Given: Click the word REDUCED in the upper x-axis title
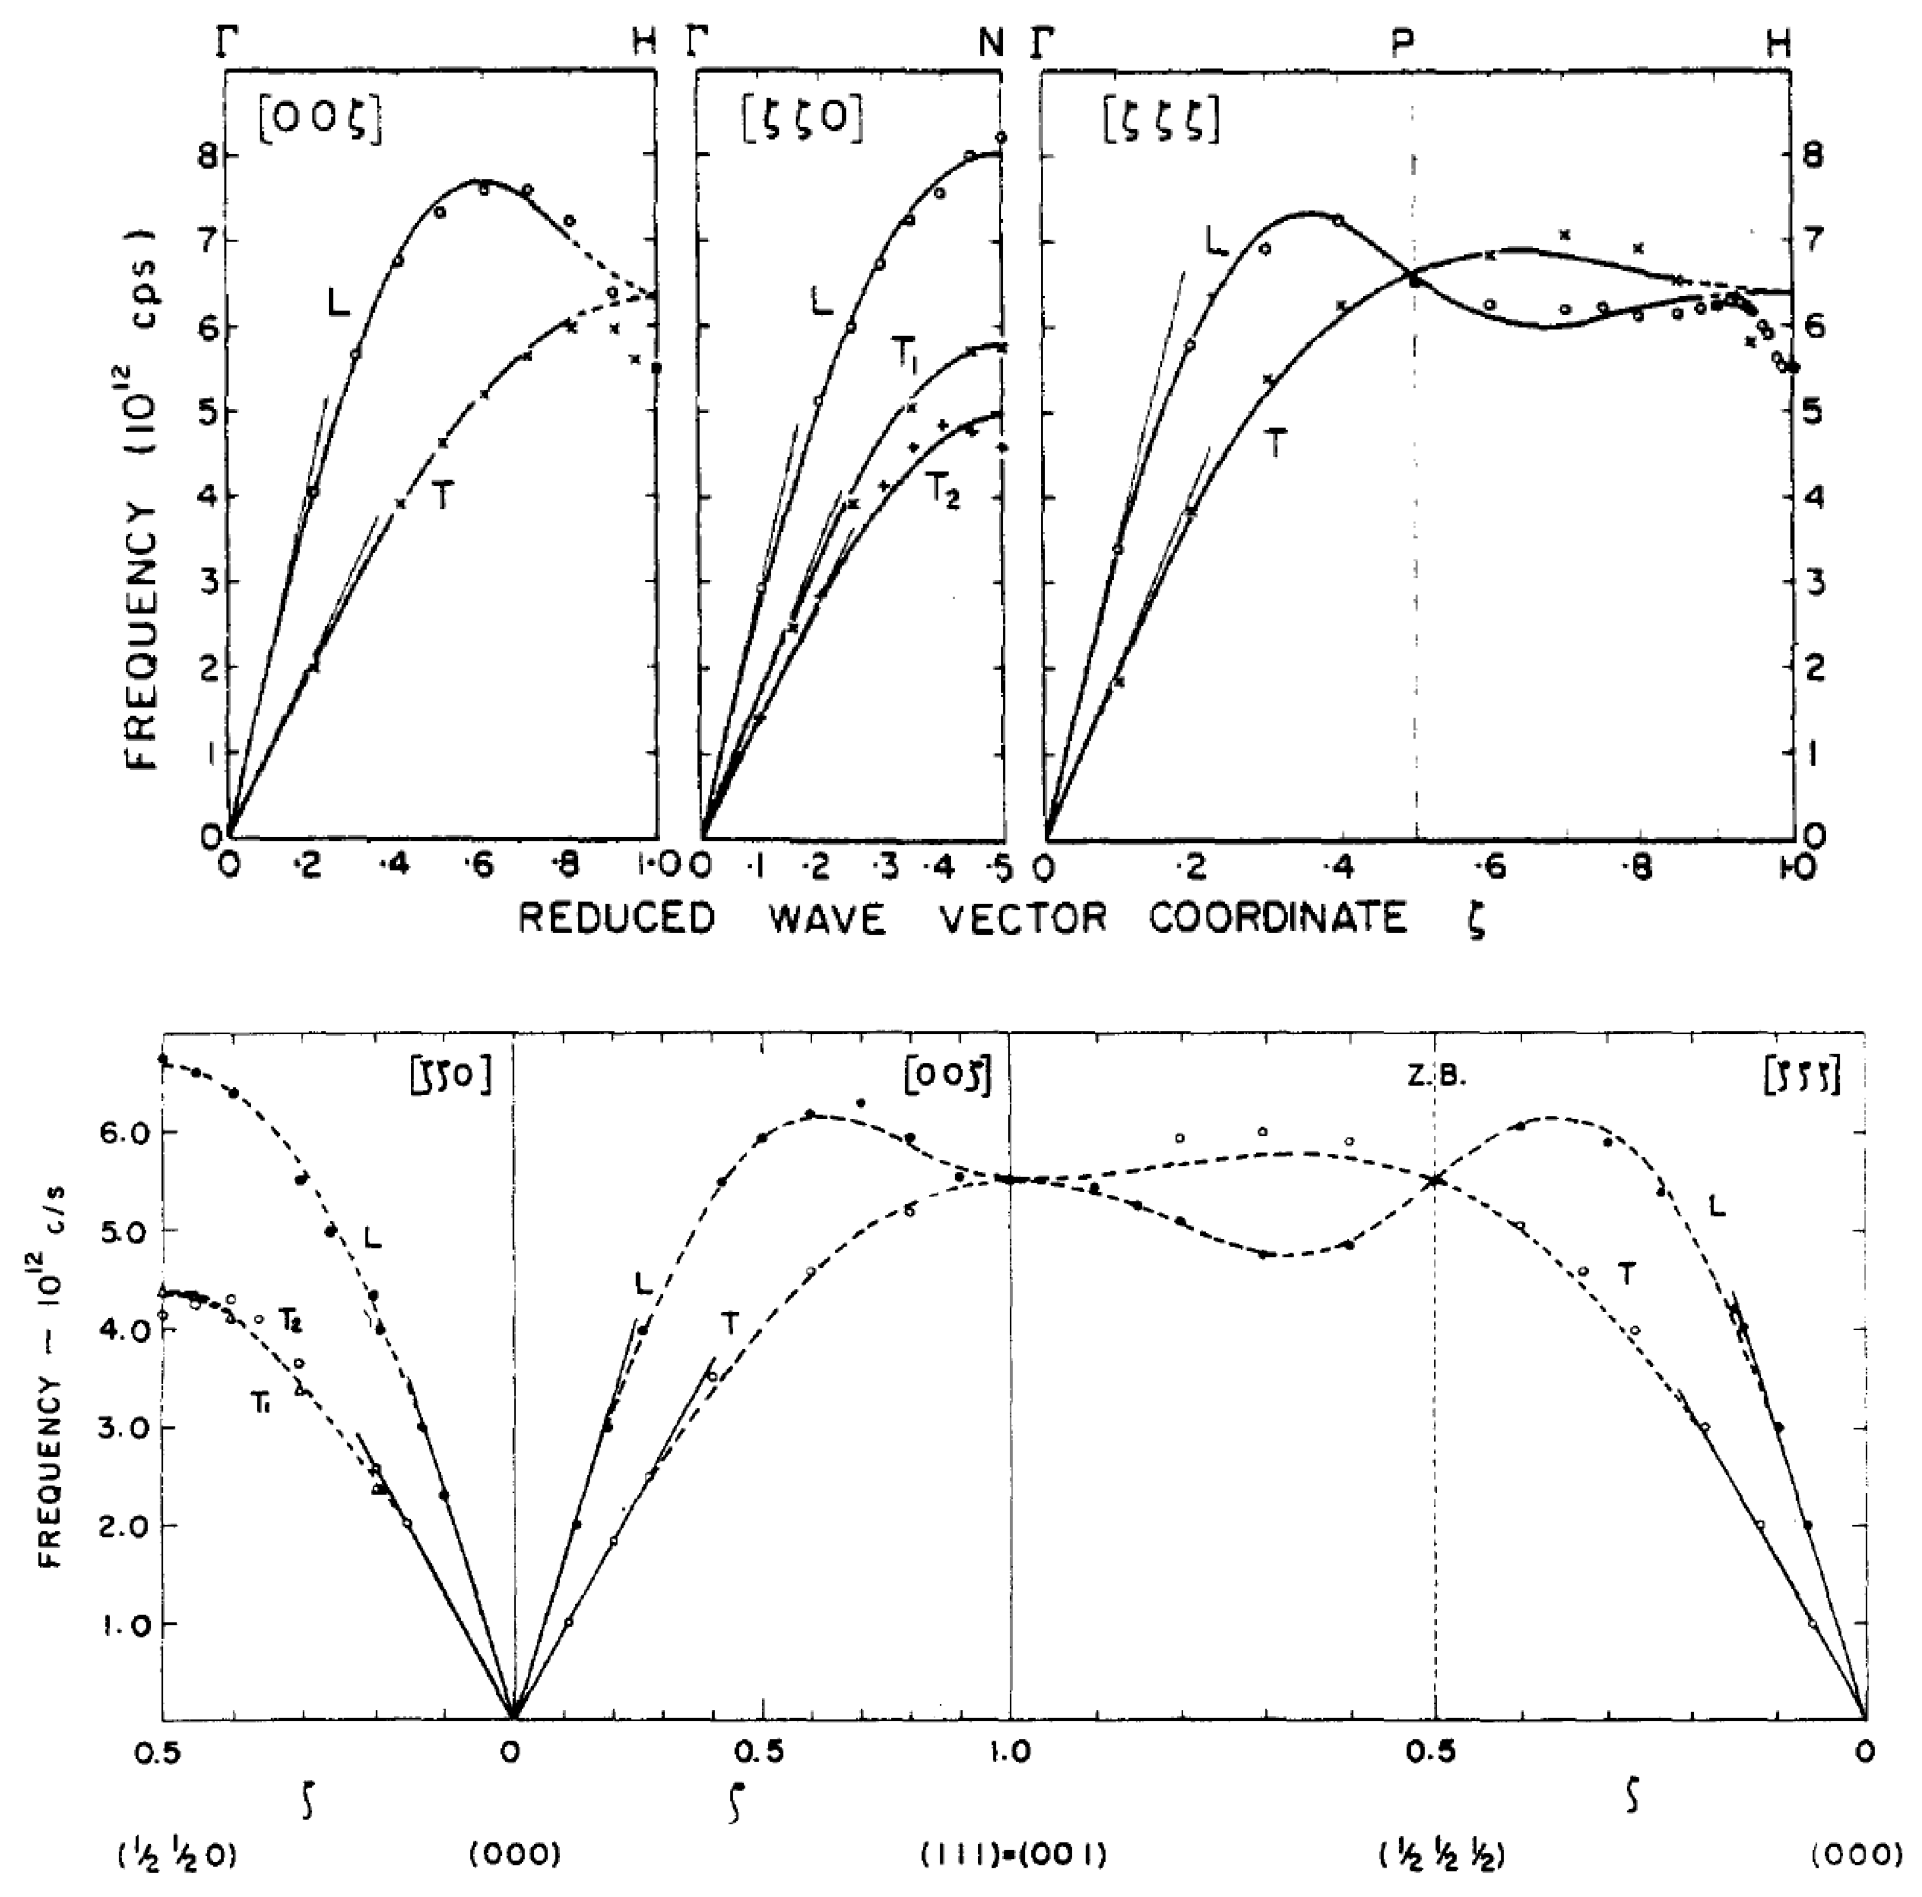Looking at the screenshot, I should (616, 918).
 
